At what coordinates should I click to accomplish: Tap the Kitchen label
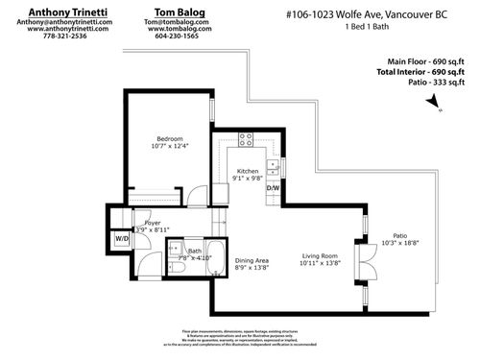click(249, 169)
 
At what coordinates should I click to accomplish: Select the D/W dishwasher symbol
click(272, 188)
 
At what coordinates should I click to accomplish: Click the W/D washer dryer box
click(122, 238)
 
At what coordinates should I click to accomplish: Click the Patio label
click(399, 234)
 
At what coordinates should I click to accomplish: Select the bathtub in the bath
click(215, 258)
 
